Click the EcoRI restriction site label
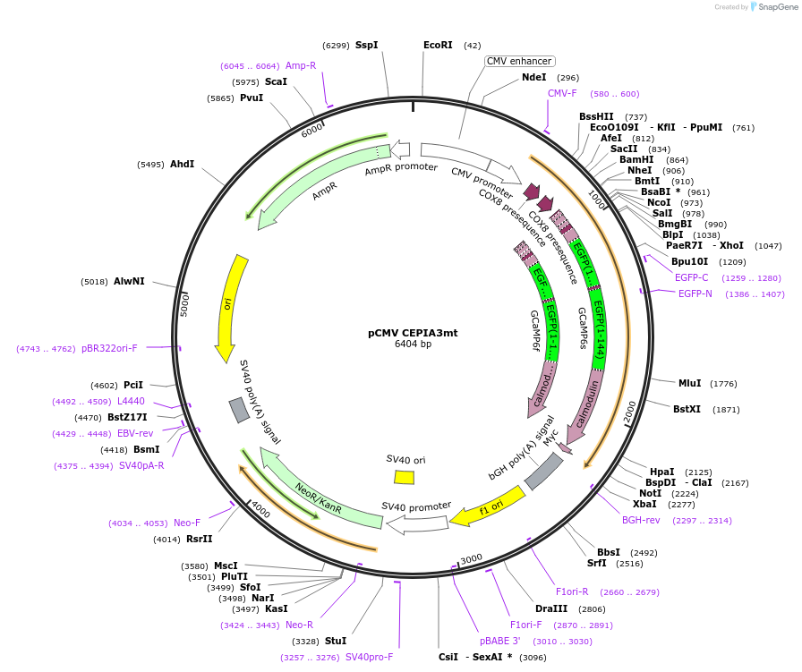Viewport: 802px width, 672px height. click(x=438, y=45)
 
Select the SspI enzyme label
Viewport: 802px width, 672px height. click(x=366, y=45)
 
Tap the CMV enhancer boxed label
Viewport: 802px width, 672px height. click(x=519, y=61)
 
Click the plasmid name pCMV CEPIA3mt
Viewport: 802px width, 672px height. click(x=413, y=333)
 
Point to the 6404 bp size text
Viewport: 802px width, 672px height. click(x=413, y=345)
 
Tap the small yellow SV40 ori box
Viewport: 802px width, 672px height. click(x=405, y=478)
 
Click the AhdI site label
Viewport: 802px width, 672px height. click(x=182, y=165)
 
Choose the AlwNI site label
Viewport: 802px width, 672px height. click(x=129, y=281)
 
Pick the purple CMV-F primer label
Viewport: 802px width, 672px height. click(x=562, y=93)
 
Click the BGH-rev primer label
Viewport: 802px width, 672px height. click(x=641, y=520)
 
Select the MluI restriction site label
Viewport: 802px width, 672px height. click(x=689, y=383)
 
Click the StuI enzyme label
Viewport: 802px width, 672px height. click(x=336, y=641)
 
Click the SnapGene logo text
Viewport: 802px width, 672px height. click(x=775, y=6)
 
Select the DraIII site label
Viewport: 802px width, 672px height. click(x=550, y=608)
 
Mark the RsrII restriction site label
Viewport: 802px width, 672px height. click(x=199, y=539)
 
